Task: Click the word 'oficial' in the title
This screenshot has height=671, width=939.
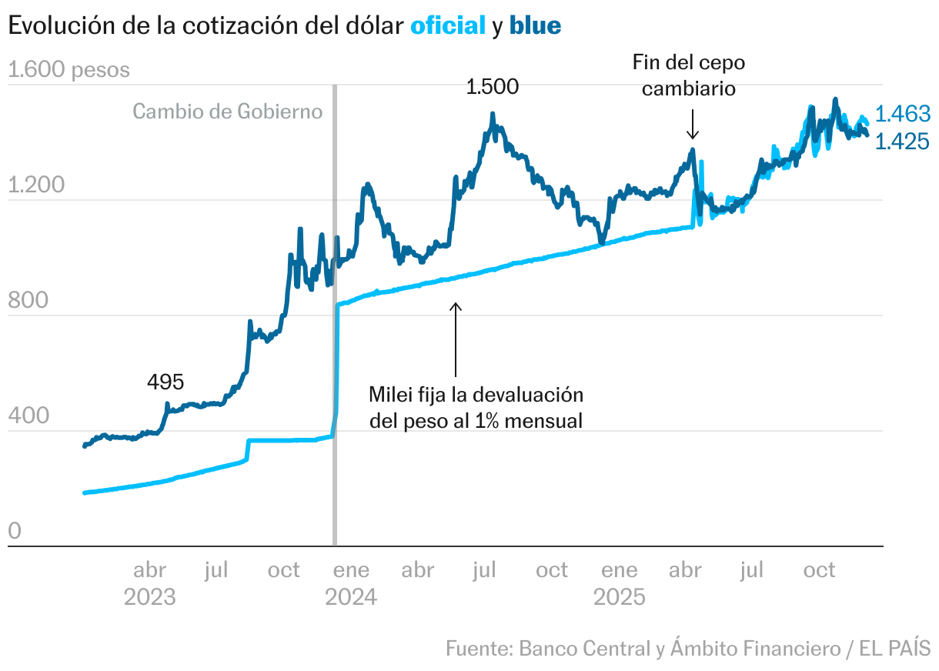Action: coord(448,25)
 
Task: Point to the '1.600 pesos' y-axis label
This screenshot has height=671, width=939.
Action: coord(69,70)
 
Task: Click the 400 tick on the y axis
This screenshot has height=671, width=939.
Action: coord(28,416)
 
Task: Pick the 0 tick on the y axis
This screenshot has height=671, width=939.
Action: coord(15,532)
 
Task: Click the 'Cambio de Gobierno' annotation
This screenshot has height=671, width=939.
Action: coord(227,112)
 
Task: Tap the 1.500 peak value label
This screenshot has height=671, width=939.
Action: coord(493,87)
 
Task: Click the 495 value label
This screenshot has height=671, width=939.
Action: coord(165,381)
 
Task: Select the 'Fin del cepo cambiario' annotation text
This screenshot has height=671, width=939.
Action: coord(689,75)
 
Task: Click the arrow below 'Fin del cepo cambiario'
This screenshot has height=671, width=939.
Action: coord(692,123)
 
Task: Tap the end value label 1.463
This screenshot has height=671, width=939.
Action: coord(904,115)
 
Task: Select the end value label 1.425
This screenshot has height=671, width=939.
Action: coord(904,142)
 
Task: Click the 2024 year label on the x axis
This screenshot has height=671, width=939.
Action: coord(351,597)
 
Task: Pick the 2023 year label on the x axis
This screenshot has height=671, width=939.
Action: coord(149,597)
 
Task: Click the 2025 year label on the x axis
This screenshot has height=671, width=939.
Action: coord(619,597)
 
